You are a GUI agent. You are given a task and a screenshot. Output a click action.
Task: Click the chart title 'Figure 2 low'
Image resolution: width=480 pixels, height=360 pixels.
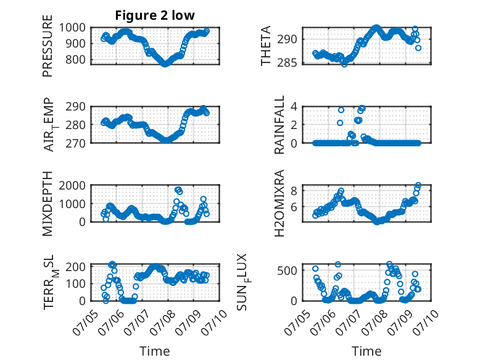(155, 15)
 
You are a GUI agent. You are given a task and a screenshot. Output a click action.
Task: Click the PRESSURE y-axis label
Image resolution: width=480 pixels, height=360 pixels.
(48, 46)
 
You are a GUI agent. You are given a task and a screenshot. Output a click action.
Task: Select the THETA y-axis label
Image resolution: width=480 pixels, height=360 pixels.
(266, 46)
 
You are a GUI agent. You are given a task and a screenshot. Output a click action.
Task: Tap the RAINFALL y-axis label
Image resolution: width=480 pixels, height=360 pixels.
(279, 125)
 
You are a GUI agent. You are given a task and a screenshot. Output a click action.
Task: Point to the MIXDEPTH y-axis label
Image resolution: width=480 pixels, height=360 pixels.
(48, 204)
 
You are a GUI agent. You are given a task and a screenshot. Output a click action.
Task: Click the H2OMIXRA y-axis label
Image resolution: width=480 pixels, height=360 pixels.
(279, 203)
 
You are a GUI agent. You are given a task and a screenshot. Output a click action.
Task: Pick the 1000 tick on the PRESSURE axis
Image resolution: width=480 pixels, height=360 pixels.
(72, 28)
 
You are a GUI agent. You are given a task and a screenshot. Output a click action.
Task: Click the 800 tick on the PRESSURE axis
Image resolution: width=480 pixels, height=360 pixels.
(76, 59)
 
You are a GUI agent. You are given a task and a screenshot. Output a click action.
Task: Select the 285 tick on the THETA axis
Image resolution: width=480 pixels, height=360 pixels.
(287, 63)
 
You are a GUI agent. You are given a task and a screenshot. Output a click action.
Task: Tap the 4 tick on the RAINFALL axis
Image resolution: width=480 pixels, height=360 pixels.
(294, 107)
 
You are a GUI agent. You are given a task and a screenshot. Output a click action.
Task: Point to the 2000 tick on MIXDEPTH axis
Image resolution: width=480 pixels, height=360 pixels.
(72, 185)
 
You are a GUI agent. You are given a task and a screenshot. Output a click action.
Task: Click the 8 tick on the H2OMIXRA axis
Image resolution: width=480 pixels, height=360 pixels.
(294, 191)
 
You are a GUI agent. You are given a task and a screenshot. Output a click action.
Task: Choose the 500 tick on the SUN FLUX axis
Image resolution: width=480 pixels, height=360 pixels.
(287, 270)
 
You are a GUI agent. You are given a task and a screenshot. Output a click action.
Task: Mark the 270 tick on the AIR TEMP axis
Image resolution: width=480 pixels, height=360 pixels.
(76, 143)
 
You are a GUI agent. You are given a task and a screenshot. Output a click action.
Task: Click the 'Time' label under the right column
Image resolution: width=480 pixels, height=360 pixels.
(366, 351)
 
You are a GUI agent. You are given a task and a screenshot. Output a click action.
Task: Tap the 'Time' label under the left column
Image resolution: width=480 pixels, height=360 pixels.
(155, 351)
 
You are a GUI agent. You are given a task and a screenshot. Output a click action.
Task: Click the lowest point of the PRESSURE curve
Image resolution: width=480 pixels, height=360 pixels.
(165, 64)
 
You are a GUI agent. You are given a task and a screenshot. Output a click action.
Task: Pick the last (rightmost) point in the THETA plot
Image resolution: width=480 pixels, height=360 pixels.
(418, 48)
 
